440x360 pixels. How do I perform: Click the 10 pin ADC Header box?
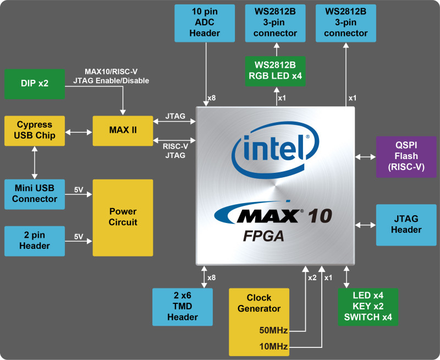pyautogui.click(x=205, y=23)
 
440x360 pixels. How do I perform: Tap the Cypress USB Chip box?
pyautogui.click(x=34, y=131)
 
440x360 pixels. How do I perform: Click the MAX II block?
pyautogui.click(x=123, y=131)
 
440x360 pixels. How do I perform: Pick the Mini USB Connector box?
pyautogui.click(x=34, y=194)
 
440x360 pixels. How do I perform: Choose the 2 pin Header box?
pyautogui.click(x=34, y=241)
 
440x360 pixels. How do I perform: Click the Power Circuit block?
pyautogui.click(x=123, y=217)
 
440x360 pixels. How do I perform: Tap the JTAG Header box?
pyautogui.click(x=406, y=225)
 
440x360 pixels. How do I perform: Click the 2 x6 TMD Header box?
pyautogui.click(x=183, y=307)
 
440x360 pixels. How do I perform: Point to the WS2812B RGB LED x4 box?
pyautogui.click(x=275, y=70)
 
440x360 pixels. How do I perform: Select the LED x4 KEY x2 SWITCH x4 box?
pyautogui.click(x=367, y=307)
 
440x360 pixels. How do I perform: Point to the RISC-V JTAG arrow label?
pyautogui.click(x=174, y=151)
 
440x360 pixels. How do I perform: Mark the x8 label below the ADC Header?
pyautogui.click(x=212, y=99)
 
